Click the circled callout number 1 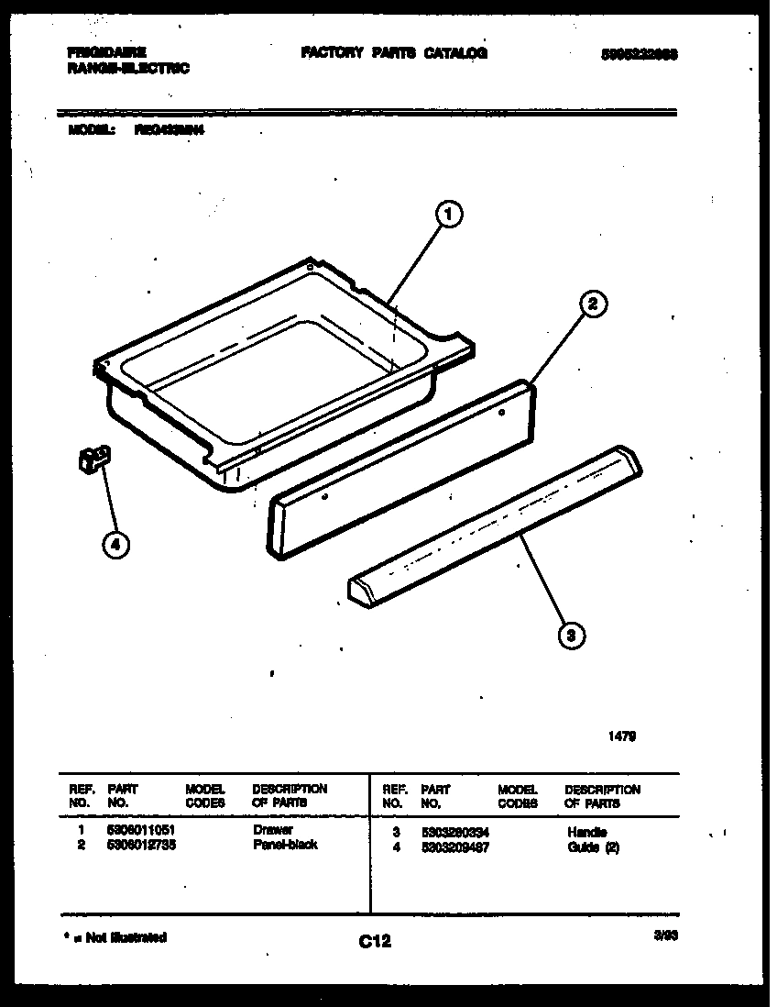(x=447, y=216)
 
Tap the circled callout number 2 (x=593, y=304)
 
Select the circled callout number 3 (x=571, y=634)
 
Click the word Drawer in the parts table (x=272, y=830)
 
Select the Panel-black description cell (x=284, y=845)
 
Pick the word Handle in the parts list (x=587, y=832)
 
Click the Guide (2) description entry (x=594, y=847)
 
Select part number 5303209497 (x=454, y=847)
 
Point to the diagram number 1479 (x=623, y=735)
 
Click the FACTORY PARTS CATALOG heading (x=394, y=53)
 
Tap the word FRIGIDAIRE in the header (x=107, y=53)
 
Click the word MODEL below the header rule (x=91, y=131)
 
